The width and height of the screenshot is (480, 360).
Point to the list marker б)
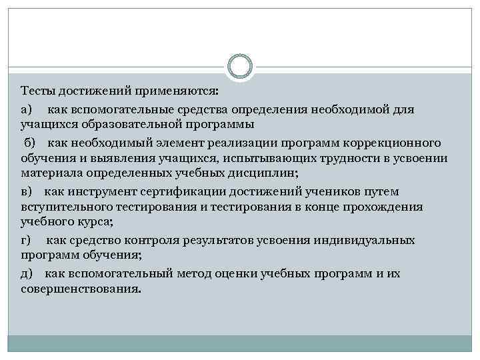point(31,143)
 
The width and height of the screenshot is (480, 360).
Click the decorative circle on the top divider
point(240,66)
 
